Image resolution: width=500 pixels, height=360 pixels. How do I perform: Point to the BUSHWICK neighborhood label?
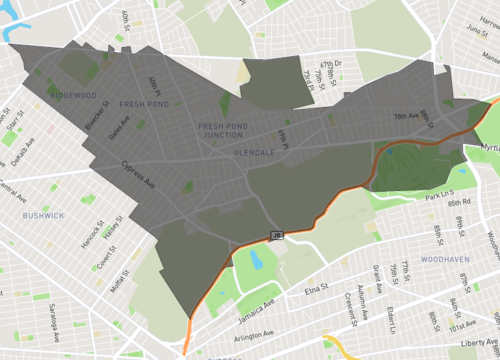click(43, 215)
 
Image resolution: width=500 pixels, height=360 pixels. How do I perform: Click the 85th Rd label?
click(460, 202)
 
